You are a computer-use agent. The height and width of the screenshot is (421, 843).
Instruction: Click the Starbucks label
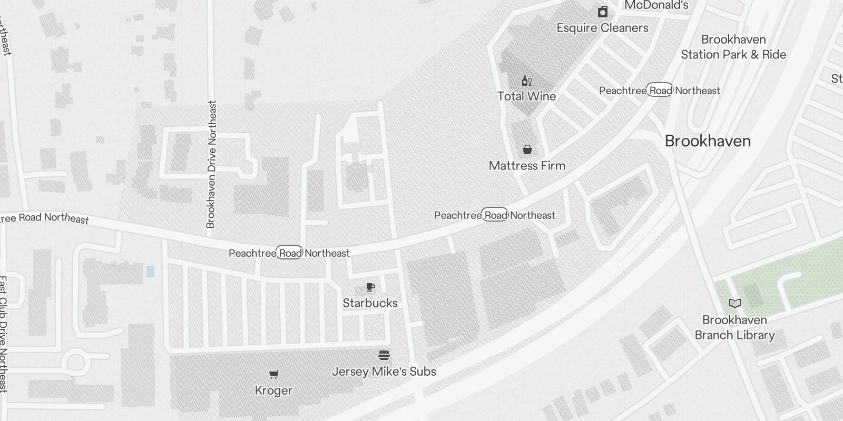370,303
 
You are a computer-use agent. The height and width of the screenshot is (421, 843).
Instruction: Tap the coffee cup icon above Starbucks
370,287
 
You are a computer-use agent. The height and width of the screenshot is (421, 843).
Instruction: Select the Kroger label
273,390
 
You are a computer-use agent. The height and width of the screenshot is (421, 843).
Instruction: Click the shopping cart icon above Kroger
273,375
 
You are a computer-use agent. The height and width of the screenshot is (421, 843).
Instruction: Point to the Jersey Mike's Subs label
384,372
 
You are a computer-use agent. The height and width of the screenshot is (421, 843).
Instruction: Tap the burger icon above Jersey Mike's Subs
384,355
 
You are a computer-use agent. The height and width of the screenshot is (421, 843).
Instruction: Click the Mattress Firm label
527,166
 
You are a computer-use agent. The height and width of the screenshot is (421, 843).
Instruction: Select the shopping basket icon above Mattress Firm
527,150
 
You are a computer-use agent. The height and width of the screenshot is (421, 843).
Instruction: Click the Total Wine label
526,96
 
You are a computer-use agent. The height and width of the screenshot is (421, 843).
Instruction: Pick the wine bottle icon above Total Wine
526,81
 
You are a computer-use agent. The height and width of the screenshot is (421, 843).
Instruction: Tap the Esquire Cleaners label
603,28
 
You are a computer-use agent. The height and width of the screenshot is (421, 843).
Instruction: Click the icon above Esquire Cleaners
603,12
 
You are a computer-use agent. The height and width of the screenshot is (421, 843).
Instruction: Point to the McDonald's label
656,5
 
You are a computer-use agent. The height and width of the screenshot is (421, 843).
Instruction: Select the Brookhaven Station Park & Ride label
733,47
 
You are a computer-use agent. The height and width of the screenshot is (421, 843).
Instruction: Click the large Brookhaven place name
708,141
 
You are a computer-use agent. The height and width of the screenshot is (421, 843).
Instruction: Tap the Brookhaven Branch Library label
734,327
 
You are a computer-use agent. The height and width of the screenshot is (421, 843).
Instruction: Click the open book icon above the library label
734,303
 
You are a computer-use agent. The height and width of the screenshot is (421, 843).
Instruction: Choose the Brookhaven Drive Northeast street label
211,164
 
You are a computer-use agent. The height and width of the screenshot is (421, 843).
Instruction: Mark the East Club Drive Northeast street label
3,334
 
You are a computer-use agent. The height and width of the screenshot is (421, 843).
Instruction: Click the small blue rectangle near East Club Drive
150,272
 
